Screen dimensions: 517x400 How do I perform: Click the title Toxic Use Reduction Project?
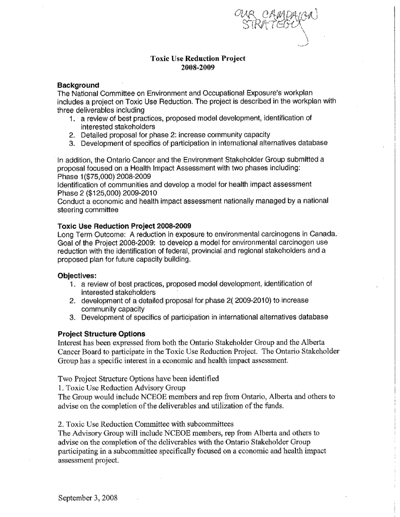point(197,59)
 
